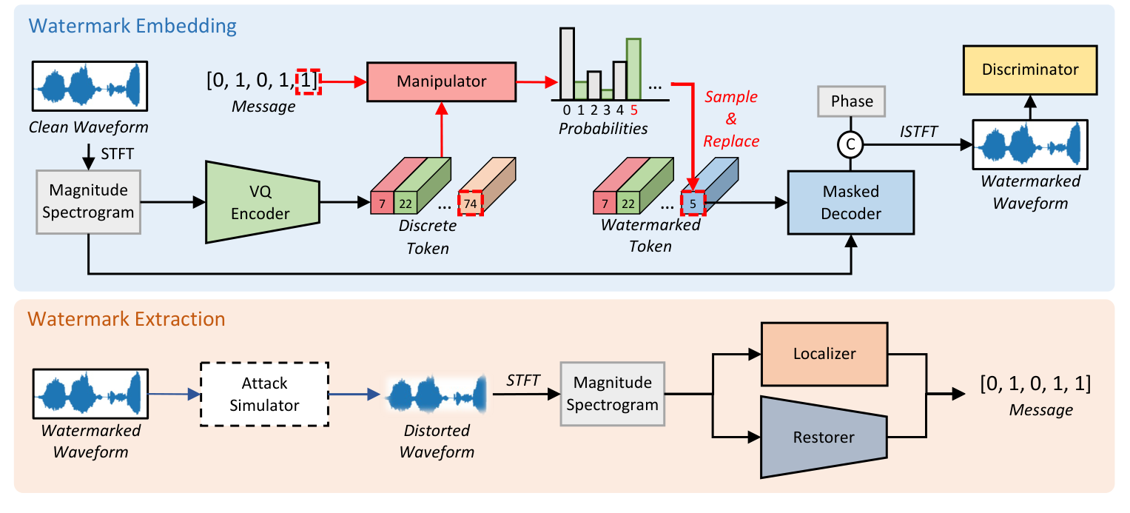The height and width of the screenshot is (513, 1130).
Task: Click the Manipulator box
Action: tap(441, 82)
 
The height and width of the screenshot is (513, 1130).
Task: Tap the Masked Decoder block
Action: tap(851, 202)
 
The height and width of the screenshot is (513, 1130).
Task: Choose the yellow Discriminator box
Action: tap(1029, 70)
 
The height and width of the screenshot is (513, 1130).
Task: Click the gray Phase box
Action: tap(851, 101)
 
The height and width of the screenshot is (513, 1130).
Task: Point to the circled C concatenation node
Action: tap(851, 146)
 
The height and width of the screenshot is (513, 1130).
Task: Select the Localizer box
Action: tap(824, 354)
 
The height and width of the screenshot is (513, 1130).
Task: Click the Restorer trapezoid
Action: tap(824, 437)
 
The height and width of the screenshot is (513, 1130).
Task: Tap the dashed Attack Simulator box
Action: tap(264, 394)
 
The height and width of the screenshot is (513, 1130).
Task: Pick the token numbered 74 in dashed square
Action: tap(470, 203)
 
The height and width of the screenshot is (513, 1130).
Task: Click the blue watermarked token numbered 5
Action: tap(693, 203)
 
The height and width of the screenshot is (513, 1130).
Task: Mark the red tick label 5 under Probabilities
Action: tap(634, 111)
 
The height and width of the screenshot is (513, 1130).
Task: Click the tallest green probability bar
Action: tap(633, 70)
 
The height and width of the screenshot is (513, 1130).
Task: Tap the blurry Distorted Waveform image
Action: tap(435, 393)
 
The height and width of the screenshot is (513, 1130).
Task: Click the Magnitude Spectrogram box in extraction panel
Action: tap(612, 393)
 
